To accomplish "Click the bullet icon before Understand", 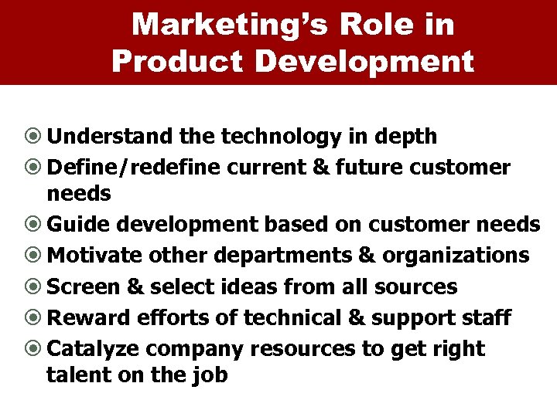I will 36,137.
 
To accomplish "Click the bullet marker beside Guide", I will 36,225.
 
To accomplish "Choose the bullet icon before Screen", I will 36,287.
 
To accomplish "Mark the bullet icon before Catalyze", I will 36,349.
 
